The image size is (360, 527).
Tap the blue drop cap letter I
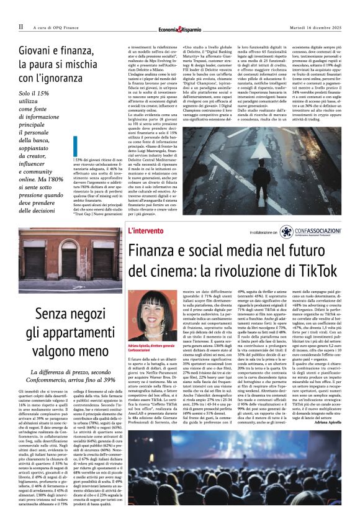click(75, 146)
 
